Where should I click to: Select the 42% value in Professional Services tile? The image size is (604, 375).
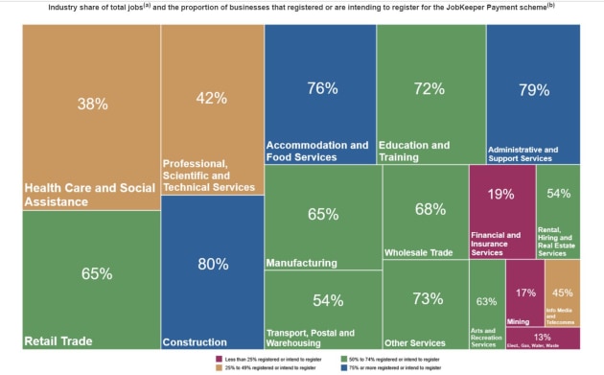211,98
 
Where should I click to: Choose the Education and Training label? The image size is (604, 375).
414,152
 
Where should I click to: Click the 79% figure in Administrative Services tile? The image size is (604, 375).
533,90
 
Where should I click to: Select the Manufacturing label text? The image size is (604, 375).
301,263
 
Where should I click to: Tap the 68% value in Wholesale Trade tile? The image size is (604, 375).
430,209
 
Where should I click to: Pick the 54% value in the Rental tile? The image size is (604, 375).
558,194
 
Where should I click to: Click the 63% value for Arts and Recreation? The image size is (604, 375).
486,301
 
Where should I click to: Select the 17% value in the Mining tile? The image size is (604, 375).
525,293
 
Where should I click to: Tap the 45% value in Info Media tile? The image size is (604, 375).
563,293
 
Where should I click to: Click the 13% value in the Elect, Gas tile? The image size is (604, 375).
543,338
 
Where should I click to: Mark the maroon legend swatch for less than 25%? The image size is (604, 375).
220,359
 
